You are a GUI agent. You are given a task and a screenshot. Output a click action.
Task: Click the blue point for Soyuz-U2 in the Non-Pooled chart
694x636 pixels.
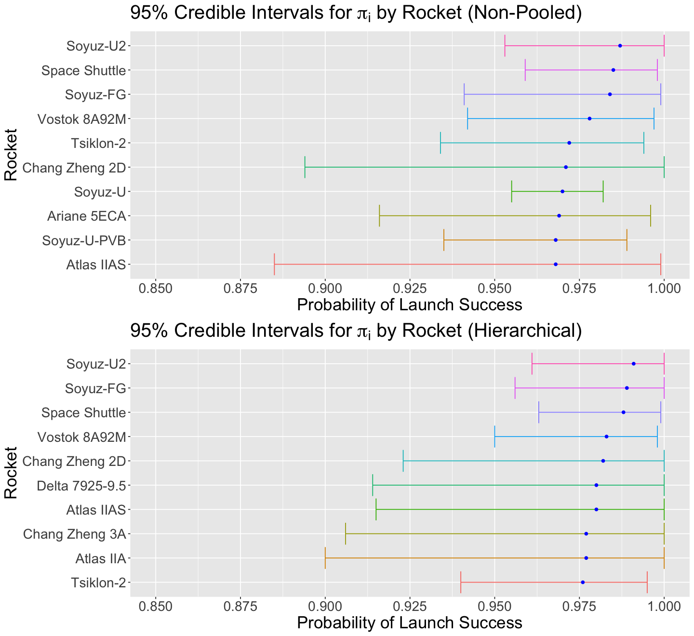tap(620, 46)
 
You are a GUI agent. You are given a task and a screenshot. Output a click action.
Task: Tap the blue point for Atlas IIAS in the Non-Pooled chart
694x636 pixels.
tap(556, 265)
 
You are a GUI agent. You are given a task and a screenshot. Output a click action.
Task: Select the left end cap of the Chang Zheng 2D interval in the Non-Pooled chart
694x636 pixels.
tap(305, 167)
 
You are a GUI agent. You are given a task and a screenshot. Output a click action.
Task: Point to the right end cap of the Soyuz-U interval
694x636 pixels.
tap(603, 191)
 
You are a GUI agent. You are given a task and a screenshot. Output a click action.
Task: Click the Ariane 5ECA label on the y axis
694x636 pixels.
tap(87, 216)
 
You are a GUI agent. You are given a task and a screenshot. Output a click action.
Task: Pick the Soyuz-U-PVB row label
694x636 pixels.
tap(84, 240)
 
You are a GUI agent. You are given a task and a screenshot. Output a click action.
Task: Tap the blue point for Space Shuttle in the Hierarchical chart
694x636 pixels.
tap(624, 412)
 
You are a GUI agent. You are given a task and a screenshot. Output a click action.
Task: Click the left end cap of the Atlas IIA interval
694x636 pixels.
tap(325, 558)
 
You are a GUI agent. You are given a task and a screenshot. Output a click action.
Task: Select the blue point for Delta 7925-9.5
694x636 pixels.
tap(596, 485)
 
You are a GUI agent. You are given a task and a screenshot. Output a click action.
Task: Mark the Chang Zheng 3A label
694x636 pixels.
tap(74, 534)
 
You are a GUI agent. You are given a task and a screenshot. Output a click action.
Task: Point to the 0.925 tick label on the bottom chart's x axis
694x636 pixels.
tap(410, 606)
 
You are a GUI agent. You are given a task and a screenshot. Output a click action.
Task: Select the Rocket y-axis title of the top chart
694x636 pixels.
tap(11, 154)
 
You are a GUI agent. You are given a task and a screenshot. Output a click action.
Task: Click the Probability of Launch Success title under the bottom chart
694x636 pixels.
tap(410, 623)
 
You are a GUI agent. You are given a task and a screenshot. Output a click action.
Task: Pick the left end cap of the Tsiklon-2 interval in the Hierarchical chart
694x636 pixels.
tap(461, 583)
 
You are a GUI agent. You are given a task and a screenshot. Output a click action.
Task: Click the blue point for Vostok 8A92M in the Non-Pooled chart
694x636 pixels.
tap(589, 119)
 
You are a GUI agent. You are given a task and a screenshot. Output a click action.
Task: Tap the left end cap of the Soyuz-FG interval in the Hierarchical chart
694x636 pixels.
tap(515, 388)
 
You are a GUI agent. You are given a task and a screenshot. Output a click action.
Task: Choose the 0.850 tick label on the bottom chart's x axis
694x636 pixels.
tap(155, 606)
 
